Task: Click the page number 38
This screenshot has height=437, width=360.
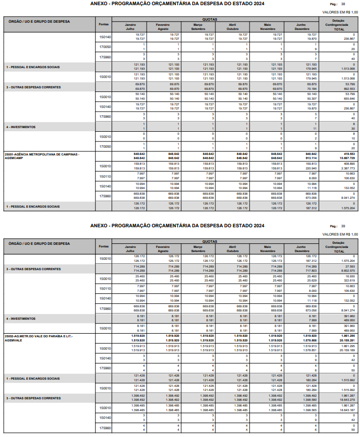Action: pos(343,4)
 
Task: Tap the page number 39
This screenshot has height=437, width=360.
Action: pos(343,226)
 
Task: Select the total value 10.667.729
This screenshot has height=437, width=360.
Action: pos(346,158)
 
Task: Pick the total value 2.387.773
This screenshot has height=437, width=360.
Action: pos(347,168)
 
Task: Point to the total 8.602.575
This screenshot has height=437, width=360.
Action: pos(347,271)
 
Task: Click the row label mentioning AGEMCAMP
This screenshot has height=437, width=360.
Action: pos(41,155)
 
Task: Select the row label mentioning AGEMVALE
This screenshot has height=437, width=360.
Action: pos(39,323)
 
